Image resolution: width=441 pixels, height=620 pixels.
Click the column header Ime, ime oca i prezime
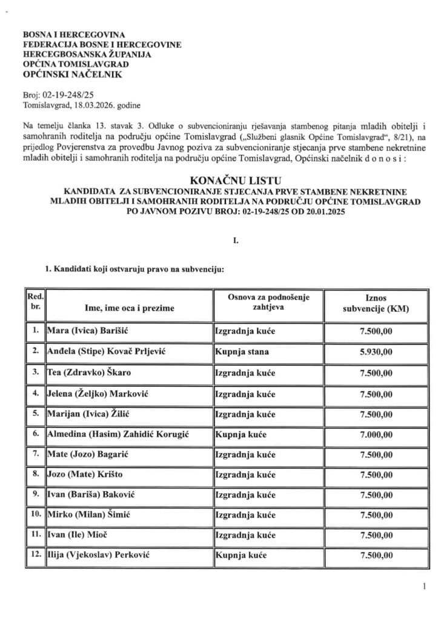pos(130,308)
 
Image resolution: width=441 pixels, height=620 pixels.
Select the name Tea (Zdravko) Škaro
pos(81,372)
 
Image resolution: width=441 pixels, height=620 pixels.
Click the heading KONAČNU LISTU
pos(234,180)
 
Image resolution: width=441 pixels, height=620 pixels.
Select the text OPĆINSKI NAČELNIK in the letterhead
pos(71,74)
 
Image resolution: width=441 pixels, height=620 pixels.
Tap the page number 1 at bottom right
pos(425,585)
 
